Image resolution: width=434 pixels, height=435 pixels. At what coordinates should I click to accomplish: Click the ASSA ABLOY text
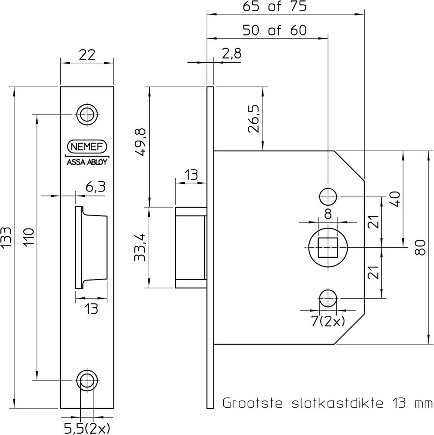point(86,162)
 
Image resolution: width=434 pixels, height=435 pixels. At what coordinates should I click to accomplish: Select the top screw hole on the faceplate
point(86,115)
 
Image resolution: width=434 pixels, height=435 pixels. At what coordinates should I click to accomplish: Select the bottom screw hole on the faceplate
point(86,380)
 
